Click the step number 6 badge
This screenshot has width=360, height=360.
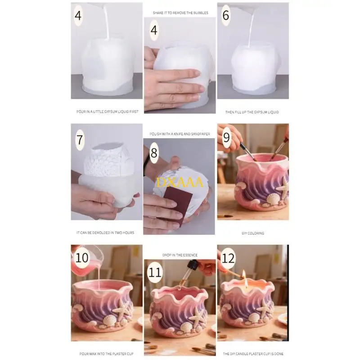226,15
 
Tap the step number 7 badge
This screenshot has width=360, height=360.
80,140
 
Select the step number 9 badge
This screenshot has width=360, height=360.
226,137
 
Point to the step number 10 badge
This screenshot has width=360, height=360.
81,258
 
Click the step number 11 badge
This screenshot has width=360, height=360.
155,273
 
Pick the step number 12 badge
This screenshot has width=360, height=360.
228,258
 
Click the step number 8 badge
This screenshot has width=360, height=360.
154,153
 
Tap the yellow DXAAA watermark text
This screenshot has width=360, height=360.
180,182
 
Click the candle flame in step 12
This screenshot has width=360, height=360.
244,275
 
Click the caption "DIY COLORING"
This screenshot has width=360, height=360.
253,233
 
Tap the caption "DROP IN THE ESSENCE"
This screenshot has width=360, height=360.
180,255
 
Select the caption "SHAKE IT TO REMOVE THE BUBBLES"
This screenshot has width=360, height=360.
180,13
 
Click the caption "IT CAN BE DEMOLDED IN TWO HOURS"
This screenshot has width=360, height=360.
105,233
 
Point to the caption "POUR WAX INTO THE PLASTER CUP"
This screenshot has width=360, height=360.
106,354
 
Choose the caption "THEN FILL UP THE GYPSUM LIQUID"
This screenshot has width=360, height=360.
252,112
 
